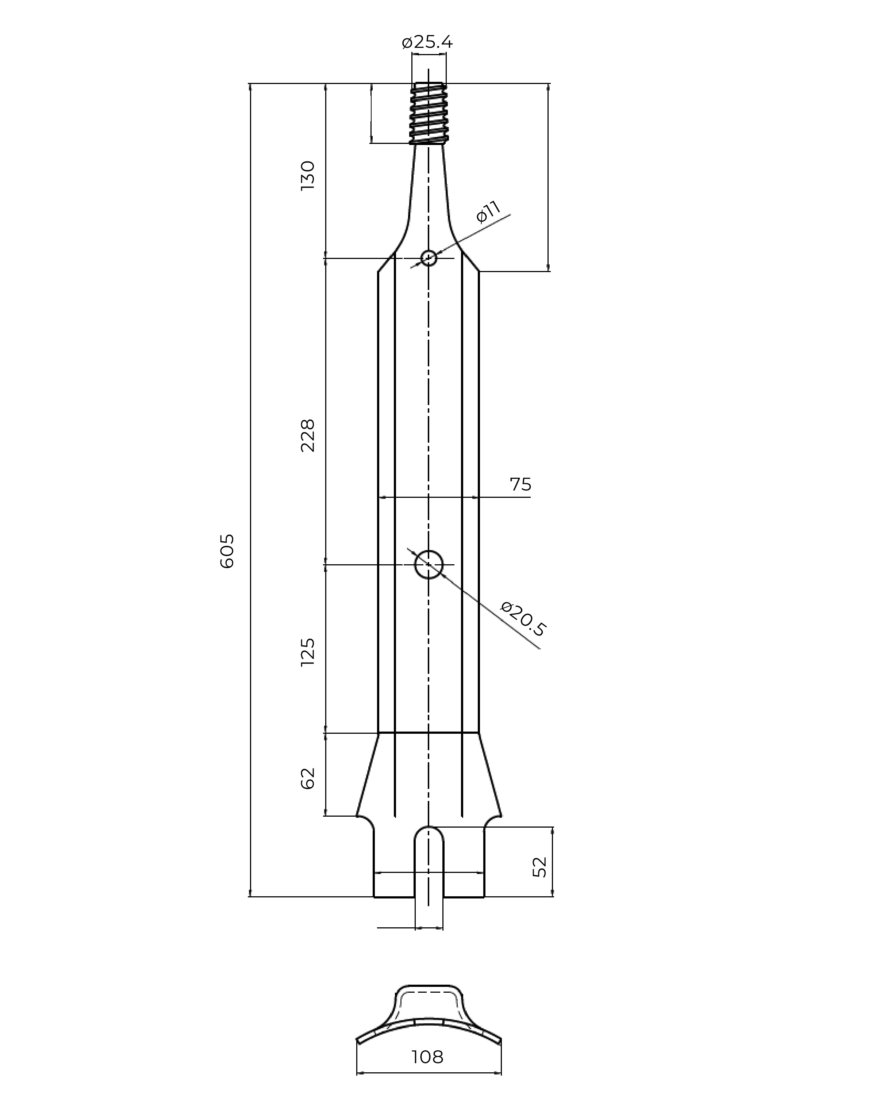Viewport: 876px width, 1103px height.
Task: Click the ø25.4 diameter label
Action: click(x=427, y=42)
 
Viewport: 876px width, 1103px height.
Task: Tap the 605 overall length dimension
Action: click(x=227, y=551)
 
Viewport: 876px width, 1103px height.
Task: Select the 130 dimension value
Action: click(x=307, y=175)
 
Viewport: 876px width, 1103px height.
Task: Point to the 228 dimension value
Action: click(x=307, y=435)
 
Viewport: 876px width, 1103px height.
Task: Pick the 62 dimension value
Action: click(x=307, y=778)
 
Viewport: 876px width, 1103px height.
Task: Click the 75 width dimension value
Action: click(x=520, y=484)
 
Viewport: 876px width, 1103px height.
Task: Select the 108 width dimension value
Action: click(x=427, y=1057)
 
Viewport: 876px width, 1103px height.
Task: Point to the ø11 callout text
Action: click(x=488, y=212)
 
